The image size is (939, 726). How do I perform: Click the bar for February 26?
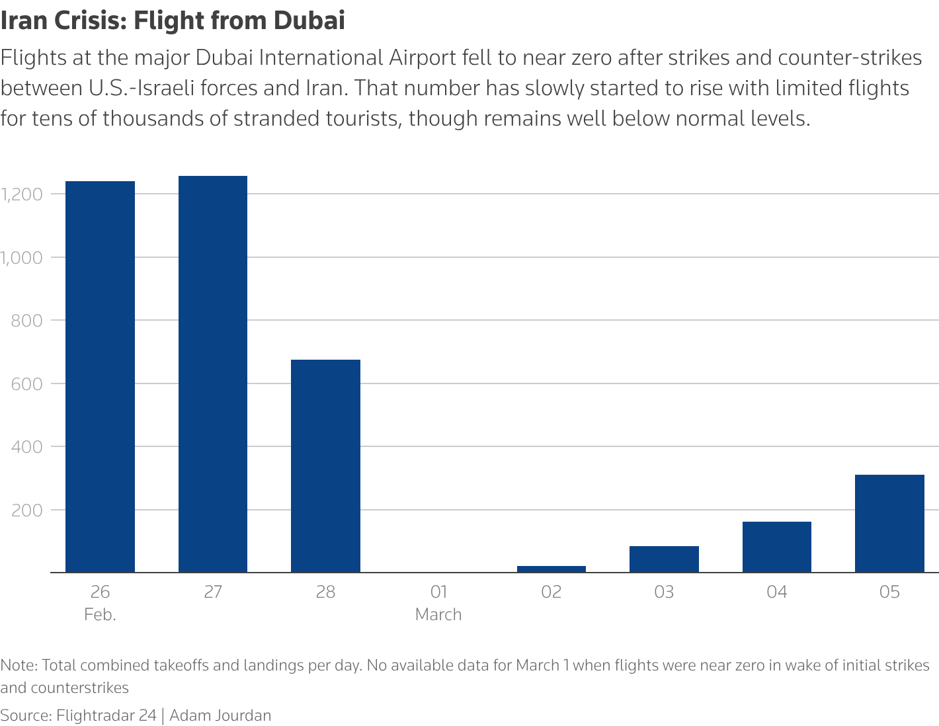tap(100, 376)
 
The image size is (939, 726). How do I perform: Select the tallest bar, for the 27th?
tap(213, 374)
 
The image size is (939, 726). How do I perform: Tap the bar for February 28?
tap(325, 465)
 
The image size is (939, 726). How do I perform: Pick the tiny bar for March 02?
tap(551, 569)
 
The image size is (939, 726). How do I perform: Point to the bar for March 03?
tap(664, 559)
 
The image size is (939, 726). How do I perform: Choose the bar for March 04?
tap(776, 547)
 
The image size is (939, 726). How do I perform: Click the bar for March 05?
tap(889, 523)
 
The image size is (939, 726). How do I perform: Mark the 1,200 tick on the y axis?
tap(22, 194)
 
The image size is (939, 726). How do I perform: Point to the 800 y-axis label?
tap(26, 321)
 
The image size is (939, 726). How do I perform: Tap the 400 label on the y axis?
tap(26, 447)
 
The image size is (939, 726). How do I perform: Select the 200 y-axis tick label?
tap(26, 510)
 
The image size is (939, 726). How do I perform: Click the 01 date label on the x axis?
tap(438, 592)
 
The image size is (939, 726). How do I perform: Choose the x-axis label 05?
tap(889, 592)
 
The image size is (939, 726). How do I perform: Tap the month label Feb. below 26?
tap(100, 615)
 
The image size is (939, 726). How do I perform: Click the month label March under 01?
tap(438, 615)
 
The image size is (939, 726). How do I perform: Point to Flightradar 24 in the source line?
tap(106, 715)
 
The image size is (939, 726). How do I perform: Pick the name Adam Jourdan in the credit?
tap(220, 715)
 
